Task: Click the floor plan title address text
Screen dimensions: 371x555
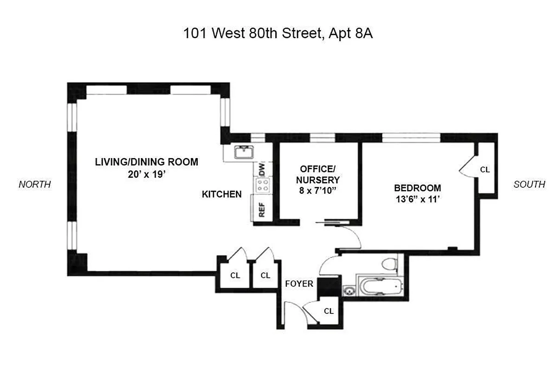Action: tap(278, 34)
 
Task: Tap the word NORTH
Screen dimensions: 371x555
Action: tap(34, 185)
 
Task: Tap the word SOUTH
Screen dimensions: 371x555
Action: tap(529, 185)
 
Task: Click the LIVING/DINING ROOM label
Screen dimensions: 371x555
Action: tap(147, 162)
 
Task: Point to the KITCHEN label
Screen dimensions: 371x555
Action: tap(221, 194)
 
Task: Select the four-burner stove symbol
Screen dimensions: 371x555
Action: tap(262, 185)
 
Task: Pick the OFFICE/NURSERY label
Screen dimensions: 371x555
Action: tap(320, 173)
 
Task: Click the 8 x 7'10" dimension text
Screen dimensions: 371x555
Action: tap(320, 191)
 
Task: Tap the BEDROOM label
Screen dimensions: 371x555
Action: tap(417, 188)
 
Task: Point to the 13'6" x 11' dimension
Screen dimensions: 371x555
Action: tap(417, 200)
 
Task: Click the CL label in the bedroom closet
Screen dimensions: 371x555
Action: tap(484, 170)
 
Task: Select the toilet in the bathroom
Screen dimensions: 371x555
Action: tap(389, 263)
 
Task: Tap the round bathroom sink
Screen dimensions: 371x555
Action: tap(348, 291)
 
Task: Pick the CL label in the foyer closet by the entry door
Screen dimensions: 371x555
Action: tap(329, 311)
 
